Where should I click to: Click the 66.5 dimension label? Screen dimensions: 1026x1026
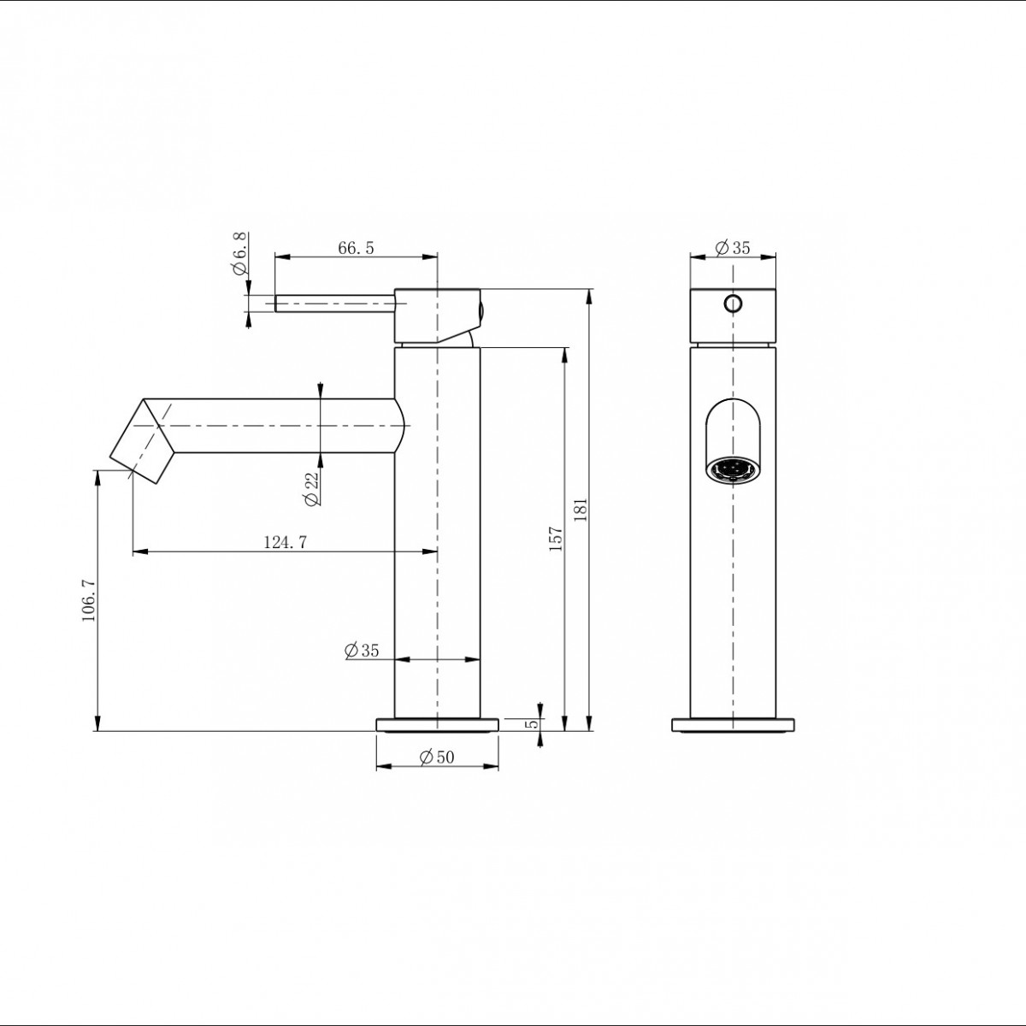click(x=357, y=248)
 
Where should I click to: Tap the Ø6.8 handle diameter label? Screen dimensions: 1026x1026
click(x=239, y=253)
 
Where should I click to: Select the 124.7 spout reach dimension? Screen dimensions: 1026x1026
click(x=286, y=542)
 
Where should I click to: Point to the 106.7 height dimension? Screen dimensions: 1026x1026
click(x=89, y=600)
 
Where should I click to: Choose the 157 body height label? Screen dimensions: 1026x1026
click(x=556, y=539)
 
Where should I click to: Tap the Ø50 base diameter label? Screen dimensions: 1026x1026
click(x=437, y=757)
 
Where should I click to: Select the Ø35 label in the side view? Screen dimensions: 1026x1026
click(x=362, y=650)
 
